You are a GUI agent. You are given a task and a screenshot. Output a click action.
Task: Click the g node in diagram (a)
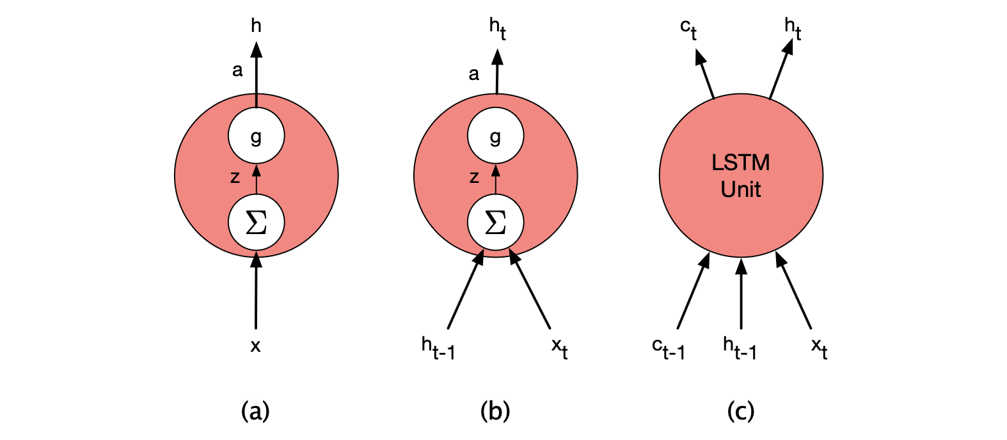click(256, 136)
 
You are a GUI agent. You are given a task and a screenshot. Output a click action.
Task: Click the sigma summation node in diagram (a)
click(256, 223)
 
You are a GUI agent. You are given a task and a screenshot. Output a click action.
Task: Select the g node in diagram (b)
click(495, 136)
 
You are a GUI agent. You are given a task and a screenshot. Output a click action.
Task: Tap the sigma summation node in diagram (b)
click(495, 223)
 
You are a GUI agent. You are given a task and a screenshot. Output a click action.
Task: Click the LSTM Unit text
click(741, 176)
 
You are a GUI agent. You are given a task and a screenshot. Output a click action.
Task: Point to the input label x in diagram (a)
click(255, 346)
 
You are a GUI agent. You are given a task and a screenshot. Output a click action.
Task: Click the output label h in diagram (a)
click(256, 26)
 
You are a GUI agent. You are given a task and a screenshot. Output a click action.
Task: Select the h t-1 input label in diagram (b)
click(438, 349)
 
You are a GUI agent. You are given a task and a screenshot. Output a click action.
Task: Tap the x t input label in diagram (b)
click(559, 349)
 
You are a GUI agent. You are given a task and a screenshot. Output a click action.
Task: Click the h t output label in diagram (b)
click(497, 28)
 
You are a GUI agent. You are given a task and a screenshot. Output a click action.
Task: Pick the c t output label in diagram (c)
click(688, 29)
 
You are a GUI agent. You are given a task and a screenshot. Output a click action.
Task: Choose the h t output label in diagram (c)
click(792, 28)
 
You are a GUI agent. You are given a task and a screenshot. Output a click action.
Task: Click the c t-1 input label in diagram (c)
click(669, 349)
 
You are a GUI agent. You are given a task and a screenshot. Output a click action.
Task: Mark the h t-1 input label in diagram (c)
click(740, 349)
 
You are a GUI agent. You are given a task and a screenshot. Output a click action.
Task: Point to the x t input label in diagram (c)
click(819, 349)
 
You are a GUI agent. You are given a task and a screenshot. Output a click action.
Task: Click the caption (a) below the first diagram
click(255, 411)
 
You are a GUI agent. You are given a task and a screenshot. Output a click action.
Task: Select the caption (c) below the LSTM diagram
click(741, 411)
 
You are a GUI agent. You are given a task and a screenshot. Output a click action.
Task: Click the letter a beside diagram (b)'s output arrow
click(473, 74)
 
